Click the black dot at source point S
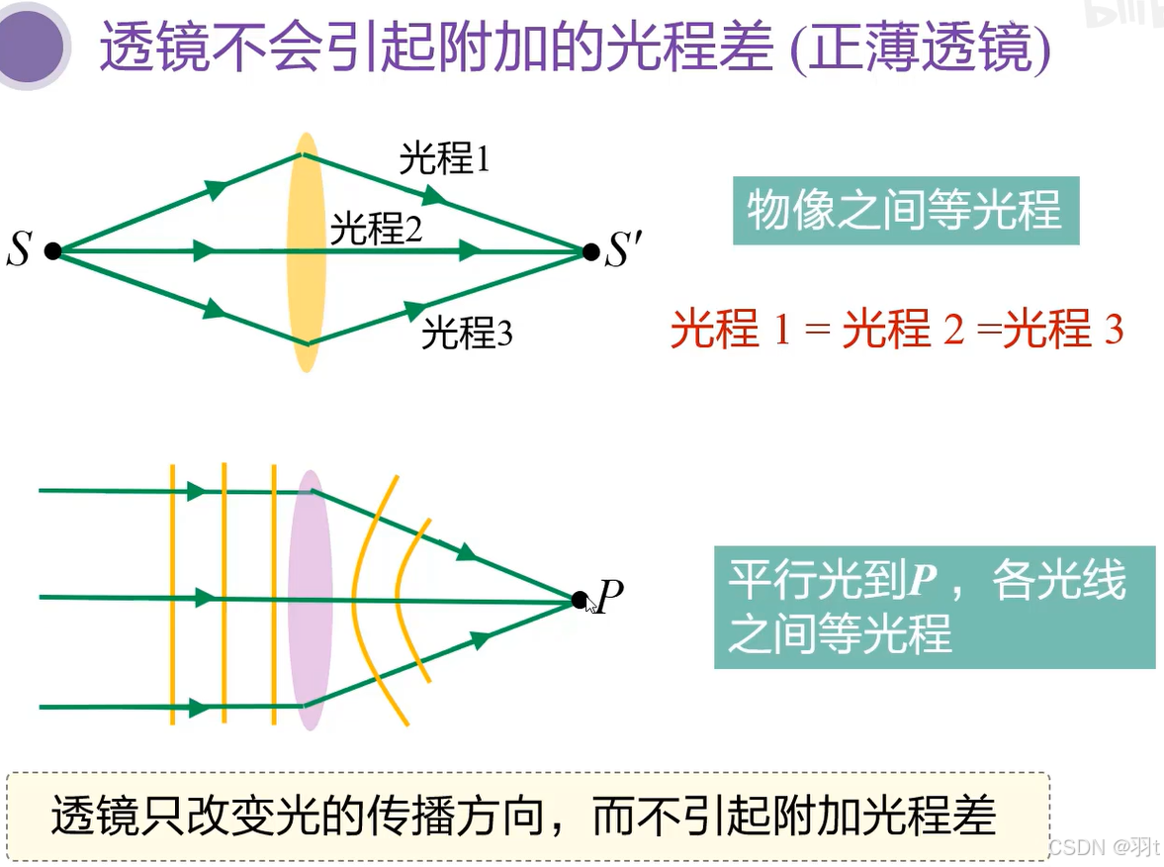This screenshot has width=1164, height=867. (x=53, y=251)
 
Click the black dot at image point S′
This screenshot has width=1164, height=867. (x=590, y=251)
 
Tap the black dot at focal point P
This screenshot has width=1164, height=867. (x=580, y=599)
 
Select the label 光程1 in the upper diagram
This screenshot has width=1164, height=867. (x=444, y=158)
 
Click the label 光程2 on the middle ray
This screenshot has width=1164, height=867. (x=376, y=230)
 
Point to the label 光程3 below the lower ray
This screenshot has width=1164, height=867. (x=467, y=335)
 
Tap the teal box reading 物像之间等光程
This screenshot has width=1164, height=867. (x=905, y=211)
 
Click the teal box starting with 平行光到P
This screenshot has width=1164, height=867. (x=934, y=606)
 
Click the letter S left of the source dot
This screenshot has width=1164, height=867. (x=19, y=251)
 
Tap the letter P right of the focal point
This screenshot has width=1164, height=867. (x=610, y=598)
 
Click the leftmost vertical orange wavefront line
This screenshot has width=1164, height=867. (x=172, y=594)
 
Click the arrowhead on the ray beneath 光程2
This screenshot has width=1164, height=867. (x=467, y=251)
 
